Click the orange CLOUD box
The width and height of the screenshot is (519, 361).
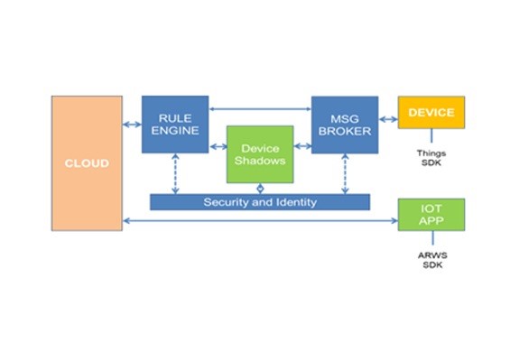coord(87,163)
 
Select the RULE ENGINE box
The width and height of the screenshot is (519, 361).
coord(175,125)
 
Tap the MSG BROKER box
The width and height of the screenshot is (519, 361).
coord(345,125)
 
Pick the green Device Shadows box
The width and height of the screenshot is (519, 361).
coord(260,154)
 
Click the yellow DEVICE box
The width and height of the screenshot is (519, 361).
coord(431,113)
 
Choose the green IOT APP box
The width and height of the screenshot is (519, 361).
coord(431,215)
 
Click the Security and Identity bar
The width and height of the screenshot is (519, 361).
coord(260,202)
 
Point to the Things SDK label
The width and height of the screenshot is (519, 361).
coord(431,158)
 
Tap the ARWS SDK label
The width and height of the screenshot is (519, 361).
coord(432,260)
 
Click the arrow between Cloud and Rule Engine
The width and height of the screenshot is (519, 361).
coord(132,125)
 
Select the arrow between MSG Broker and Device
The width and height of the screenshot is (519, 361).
coord(388,119)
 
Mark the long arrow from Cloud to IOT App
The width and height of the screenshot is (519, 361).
coord(260,221)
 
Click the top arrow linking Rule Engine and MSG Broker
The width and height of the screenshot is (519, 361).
coord(260,109)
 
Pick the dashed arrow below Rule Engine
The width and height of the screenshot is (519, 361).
coord(175,173)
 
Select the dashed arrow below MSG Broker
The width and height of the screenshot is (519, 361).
coord(345,173)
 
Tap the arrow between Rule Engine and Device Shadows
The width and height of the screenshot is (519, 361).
coord(218,146)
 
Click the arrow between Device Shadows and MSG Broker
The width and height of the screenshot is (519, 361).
coord(302,145)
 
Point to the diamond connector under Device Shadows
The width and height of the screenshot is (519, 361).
coord(260,189)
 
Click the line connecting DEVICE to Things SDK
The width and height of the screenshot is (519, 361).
coord(431,135)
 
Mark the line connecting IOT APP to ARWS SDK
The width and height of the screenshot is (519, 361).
coord(432,238)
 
